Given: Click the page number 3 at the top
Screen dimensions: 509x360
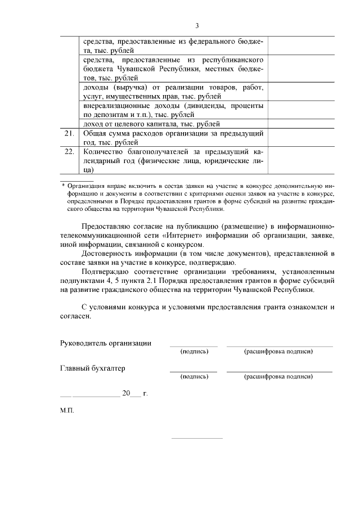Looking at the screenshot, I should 197,25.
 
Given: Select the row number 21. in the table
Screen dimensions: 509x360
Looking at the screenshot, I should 69,134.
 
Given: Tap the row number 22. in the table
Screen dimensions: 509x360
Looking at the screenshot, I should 69,152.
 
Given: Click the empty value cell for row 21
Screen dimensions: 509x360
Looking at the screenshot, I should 301,138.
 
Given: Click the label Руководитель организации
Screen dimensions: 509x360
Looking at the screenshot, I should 105,343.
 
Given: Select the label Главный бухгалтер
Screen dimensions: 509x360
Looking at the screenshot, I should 92,368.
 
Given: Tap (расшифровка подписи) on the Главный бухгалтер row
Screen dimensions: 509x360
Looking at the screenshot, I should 278,377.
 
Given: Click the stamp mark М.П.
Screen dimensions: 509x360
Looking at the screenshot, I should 67,411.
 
